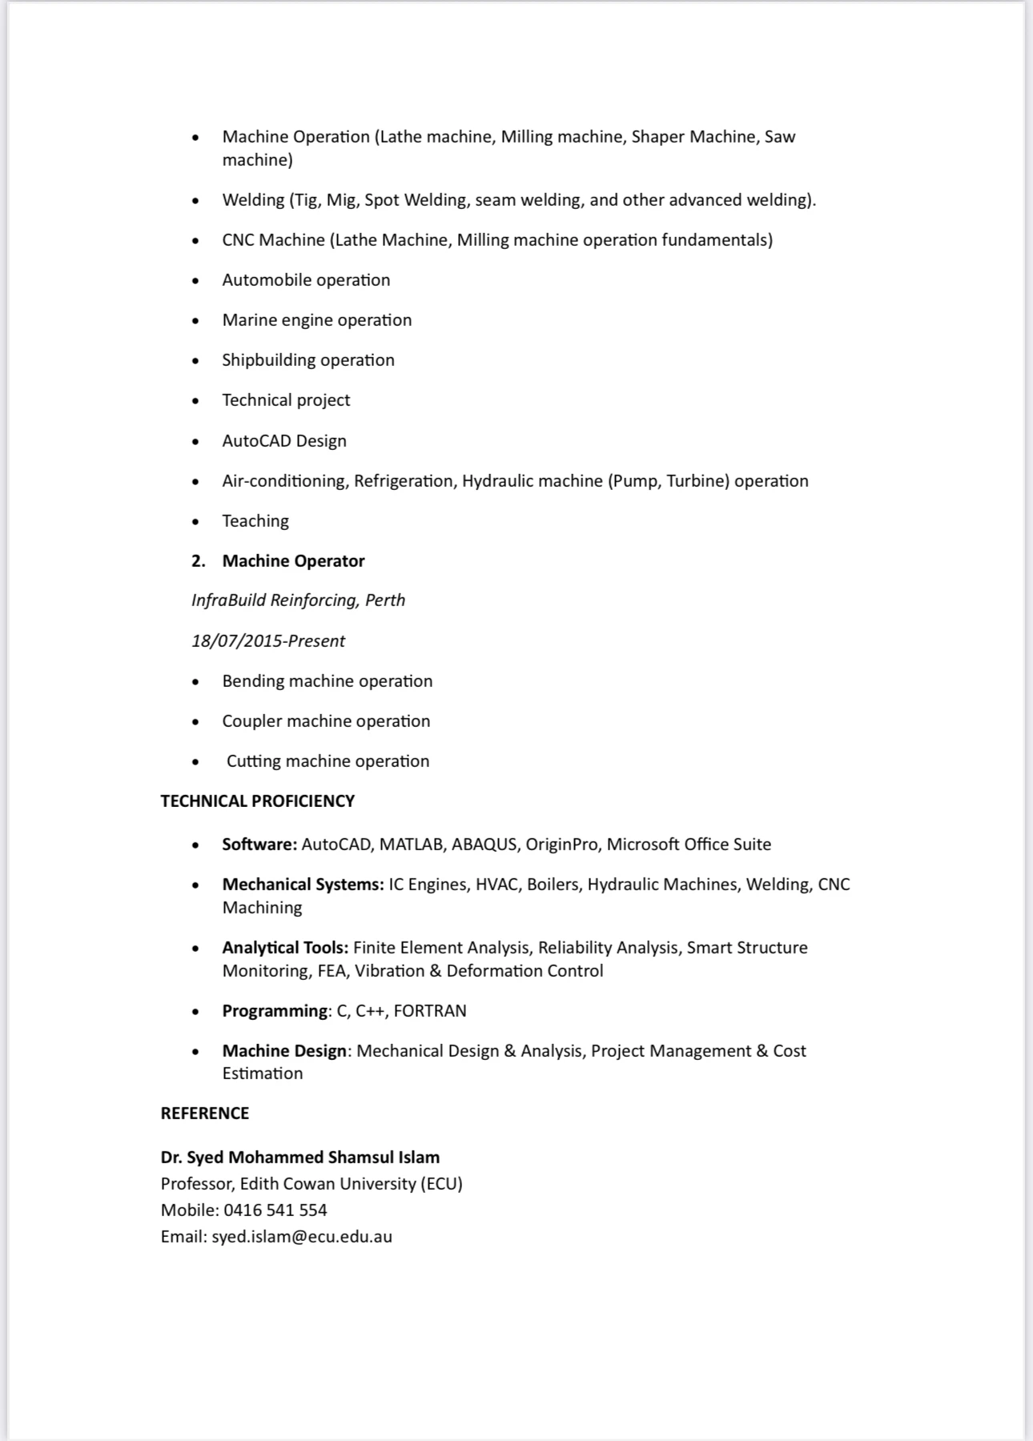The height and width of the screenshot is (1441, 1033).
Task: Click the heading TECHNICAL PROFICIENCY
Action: pyautogui.click(x=257, y=801)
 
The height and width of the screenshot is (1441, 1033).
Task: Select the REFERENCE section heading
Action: pyautogui.click(x=204, y=1114)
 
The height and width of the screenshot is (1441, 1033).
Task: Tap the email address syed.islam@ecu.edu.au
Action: pyautogui.click(x=302, y=1237)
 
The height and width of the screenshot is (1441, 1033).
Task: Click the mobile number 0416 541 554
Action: pyautogui.click(x=275, y=1210)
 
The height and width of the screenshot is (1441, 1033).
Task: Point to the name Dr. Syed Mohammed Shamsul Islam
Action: pyautogui.click(x=299, y=1158)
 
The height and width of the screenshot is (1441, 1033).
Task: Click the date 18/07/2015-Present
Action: pyautogui.click(x=267, y=641)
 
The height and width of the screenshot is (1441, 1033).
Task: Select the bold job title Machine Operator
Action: pyautogui.click(x=293, y=561)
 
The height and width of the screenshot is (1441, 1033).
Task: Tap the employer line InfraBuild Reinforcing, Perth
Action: pyautogui.click(x=298, y=600)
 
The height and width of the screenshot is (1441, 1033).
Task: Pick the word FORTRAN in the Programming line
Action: pyautogui.click(x=430, y=1011)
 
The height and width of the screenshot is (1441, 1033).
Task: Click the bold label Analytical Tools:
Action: pyautogui.click(x=285, y=948)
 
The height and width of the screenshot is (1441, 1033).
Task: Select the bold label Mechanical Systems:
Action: pyautogui.click(x=303, y=885)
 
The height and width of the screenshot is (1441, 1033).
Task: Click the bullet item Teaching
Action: pyautogui.click(x=255, y=521)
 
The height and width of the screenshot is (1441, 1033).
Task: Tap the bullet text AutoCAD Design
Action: pyautogui.click(x=284, y=441)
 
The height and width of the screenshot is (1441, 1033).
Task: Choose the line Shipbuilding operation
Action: pyautogui.click(x=308, y=360)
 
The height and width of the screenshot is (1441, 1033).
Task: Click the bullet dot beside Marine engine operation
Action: pyautogui.click(x=196, y=321)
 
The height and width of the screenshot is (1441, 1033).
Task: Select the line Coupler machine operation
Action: pyautogui.click(x=326, y=721)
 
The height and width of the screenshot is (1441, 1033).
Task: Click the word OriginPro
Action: pyautogui.click(x=562, y=845)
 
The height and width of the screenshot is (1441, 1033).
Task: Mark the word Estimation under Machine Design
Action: pyautogui.click(x=263, y=1074)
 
